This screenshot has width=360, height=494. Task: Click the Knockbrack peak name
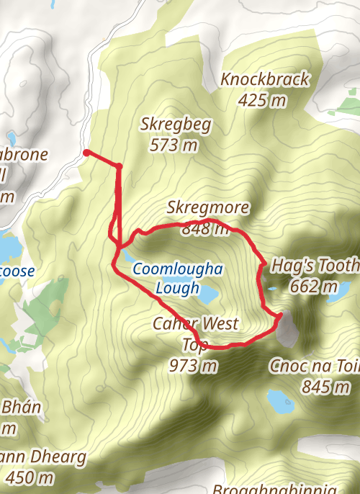pos(265,79)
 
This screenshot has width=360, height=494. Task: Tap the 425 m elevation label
pos(262,100)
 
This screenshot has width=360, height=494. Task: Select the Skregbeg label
pos(176,125)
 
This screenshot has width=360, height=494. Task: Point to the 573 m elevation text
pos(174,145)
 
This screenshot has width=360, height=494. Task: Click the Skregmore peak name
pos(207,208)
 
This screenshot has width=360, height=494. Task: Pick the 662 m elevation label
pos(314,287)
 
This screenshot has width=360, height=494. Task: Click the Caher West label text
pos(195,324)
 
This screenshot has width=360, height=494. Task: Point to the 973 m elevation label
pos(193,365)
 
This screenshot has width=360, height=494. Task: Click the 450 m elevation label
pos(30,477)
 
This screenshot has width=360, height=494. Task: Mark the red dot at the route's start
pos(86,153)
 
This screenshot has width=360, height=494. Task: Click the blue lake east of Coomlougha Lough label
pos(208,294)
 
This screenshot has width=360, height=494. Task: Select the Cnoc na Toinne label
pos(314,366)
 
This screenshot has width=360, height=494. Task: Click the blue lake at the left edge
pos(9,247)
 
